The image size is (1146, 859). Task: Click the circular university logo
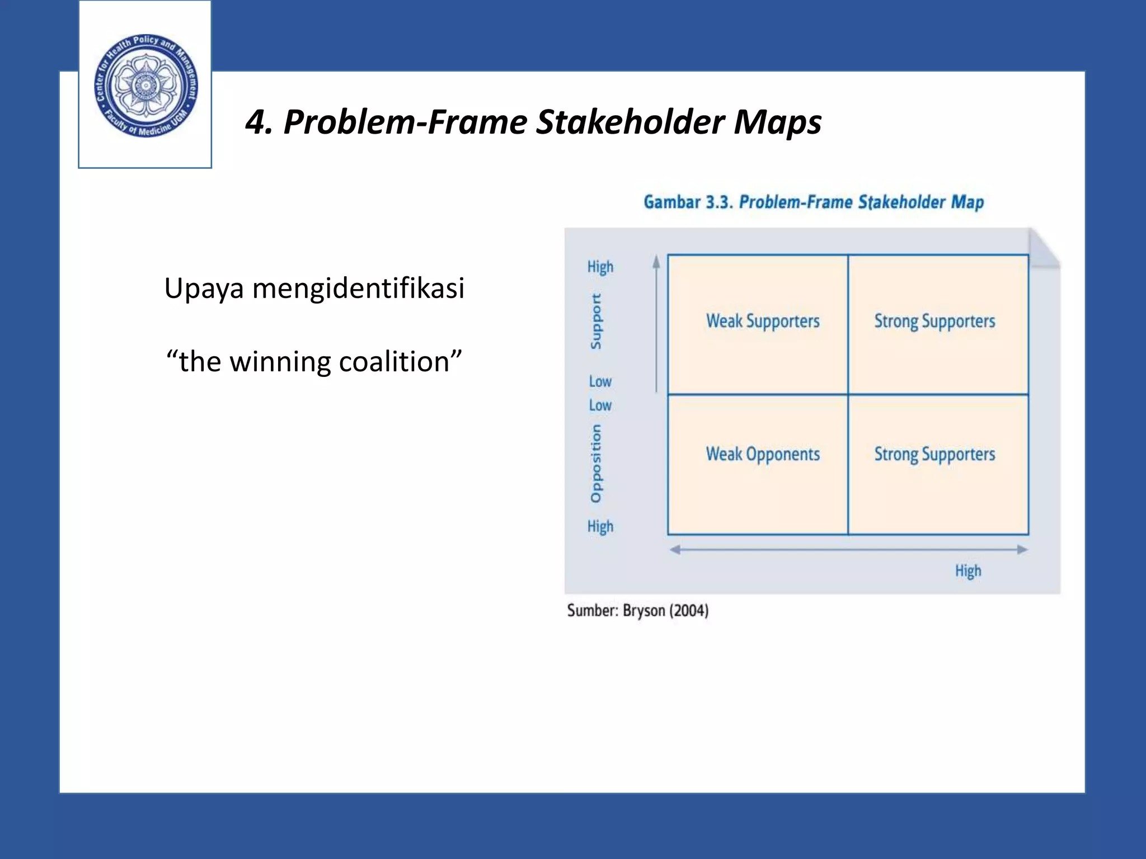point(145,85)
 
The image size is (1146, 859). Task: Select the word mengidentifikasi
point(358,289)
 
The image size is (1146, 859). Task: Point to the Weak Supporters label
point(762,321)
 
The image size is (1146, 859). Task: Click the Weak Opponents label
point(762,454)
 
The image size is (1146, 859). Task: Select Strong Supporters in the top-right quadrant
point(934,321)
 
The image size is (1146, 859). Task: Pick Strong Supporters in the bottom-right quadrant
point(934,454)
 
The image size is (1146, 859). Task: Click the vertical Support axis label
point(596,322)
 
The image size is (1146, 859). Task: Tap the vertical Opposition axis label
point(596,464)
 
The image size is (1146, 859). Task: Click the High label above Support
point(600,267)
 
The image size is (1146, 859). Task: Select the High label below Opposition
point(600,526)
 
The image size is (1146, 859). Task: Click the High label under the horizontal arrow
point(967,571)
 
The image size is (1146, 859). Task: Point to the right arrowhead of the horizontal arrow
point(1022,550)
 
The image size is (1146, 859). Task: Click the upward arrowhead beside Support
point(656,262)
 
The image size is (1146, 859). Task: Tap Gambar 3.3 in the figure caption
point(688,202)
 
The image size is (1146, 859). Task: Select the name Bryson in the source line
point(644,610)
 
